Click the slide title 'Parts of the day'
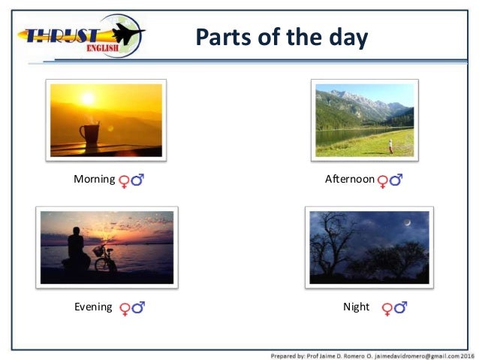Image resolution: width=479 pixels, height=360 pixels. [x=282, y=38]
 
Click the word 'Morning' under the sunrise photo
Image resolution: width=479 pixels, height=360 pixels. [x=94, y=180]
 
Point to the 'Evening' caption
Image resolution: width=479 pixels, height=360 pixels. [x=93, y=307]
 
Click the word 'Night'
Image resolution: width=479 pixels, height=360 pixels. [x=356, y=307]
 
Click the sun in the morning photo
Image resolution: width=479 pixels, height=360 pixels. [x=88, y=98]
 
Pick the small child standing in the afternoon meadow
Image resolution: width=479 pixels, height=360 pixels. [x=390, y=146]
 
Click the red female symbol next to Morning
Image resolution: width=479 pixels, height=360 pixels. [x=125, y=180]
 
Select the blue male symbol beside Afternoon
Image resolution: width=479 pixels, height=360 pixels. [x=396, y=180]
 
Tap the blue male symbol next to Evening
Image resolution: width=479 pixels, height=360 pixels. [x=138, y=307]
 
